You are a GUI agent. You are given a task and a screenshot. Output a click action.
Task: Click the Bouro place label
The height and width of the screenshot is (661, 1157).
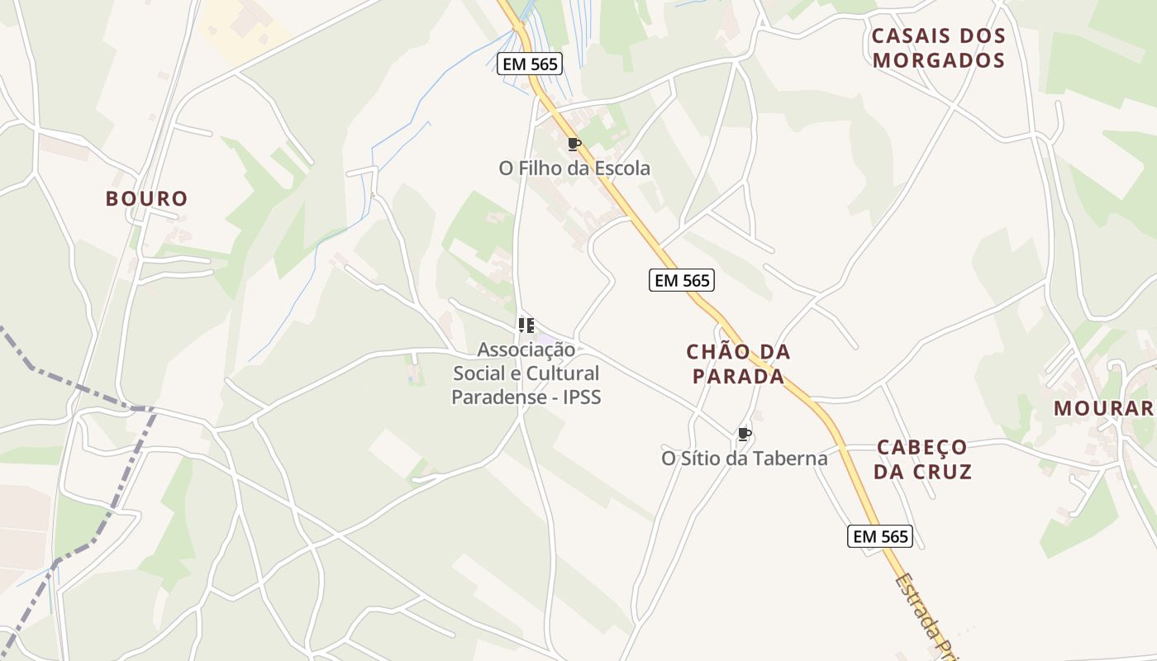point(147,199)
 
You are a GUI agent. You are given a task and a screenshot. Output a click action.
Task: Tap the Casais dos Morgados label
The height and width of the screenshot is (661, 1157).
point(939,48)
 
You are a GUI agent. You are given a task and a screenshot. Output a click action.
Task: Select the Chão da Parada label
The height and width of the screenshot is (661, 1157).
point(738,364)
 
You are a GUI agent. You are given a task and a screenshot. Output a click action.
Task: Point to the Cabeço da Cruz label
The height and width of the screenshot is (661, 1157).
point(922,459)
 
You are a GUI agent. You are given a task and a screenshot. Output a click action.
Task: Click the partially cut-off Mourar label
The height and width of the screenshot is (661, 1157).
point(1104,408)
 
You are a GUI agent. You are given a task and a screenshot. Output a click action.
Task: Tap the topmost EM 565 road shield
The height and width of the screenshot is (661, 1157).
point(530,64)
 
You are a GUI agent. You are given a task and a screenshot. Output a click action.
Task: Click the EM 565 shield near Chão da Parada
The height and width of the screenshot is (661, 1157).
point(682,281)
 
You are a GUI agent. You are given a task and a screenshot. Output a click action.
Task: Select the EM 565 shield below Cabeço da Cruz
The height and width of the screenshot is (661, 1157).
point(880,536)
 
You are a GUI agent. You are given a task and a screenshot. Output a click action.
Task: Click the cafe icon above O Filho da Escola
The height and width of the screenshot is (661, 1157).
point(574,145)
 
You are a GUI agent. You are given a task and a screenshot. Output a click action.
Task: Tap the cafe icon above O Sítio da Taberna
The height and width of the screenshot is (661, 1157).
point(744,434)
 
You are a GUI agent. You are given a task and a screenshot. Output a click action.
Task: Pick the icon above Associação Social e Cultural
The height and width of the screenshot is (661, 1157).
point(526,326)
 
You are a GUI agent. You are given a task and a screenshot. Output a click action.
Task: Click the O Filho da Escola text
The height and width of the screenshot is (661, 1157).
point(574,169)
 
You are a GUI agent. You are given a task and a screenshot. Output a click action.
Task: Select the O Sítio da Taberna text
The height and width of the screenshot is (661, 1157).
point(744,458)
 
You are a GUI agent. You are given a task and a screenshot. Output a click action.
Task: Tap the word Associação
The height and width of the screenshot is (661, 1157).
point(526,350)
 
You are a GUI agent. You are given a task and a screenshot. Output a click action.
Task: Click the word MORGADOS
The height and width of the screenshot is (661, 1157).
point(939,60)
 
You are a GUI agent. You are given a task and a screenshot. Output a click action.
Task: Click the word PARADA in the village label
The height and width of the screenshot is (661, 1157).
point(738,377)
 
